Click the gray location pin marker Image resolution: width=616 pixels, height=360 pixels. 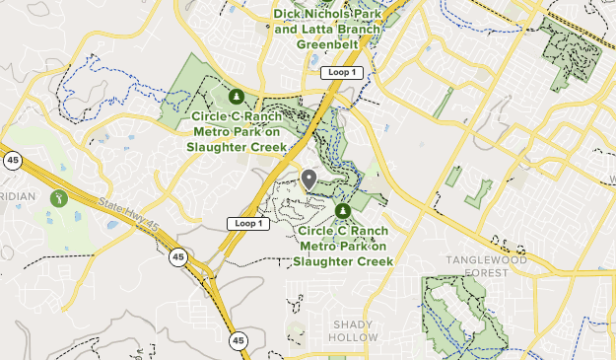[308, 179]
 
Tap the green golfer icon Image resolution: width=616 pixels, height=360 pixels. [59, 198]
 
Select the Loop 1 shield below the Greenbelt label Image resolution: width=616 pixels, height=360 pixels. [340, 73]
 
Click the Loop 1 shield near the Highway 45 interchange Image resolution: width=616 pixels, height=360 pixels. [247, 224]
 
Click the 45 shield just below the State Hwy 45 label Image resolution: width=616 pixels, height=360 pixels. [177, 257]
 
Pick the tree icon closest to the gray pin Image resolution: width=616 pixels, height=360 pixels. [342, 211]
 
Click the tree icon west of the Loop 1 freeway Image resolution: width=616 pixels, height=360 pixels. [237, 97]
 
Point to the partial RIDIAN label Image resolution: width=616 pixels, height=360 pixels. [18, 196]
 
